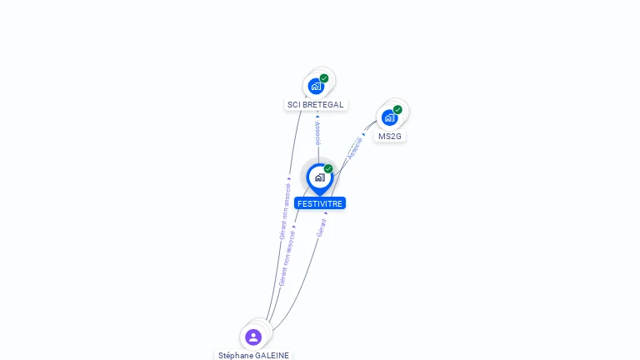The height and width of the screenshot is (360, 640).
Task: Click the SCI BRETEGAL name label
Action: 315,105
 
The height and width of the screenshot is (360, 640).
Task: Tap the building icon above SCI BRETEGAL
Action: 315,86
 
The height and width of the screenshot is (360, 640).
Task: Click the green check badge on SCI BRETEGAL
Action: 324,78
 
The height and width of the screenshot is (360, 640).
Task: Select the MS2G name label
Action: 389,136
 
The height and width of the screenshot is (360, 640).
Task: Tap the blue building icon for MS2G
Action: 389,117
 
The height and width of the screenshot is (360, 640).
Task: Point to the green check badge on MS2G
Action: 397,109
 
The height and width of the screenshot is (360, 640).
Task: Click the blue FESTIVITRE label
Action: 320,203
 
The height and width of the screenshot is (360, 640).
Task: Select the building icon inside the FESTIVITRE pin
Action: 319,177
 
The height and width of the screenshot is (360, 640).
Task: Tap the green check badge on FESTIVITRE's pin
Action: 328,169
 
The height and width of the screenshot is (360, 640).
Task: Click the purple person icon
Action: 253,337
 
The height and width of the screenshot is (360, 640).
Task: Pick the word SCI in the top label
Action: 293,105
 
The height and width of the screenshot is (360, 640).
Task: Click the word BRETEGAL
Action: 322,105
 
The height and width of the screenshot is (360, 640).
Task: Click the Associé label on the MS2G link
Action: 355,147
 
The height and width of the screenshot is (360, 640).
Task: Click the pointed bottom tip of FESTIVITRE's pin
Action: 319,195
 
